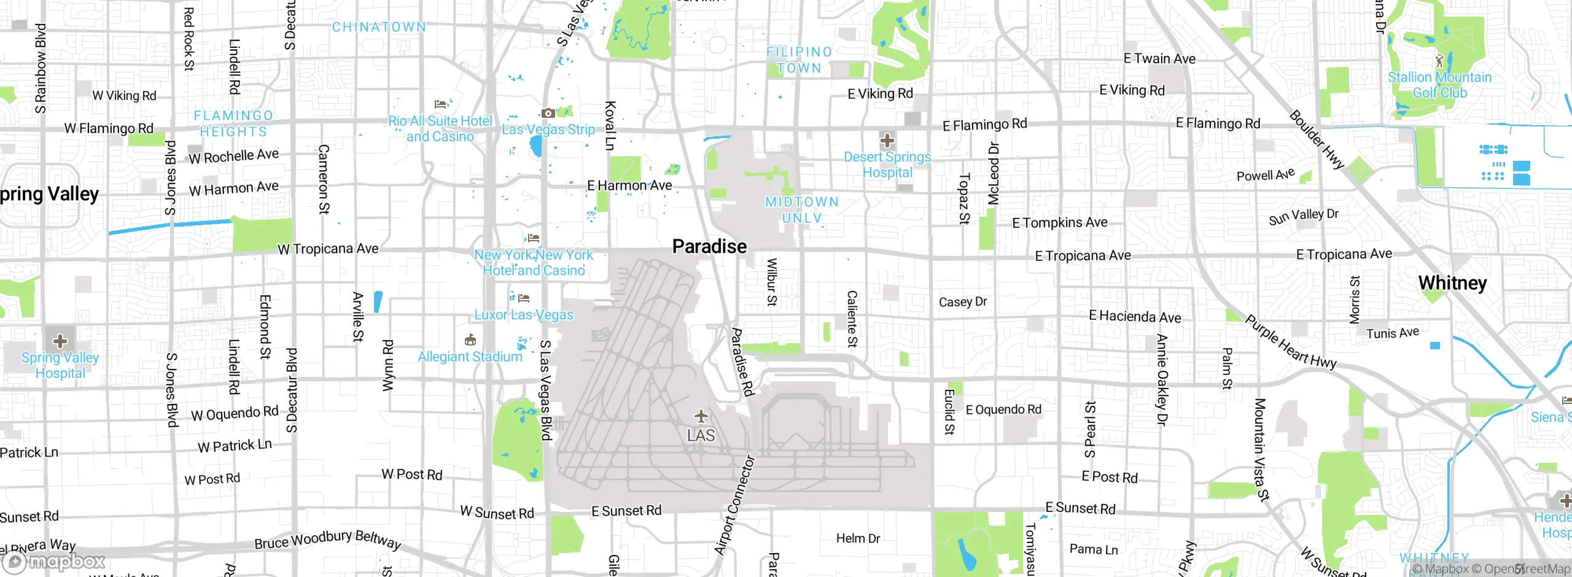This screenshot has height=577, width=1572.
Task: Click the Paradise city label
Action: pos(709,246)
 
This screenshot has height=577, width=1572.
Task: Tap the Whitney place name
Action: pos(1452,283)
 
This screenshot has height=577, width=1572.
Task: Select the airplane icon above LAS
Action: pos(701,417)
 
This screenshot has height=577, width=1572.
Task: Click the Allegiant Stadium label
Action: pos(470,357)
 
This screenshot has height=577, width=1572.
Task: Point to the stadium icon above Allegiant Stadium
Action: pos(470,339)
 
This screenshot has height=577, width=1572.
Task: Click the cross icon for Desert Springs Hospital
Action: pos(887,141)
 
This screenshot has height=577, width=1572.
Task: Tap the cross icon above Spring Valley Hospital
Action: pos(60,341)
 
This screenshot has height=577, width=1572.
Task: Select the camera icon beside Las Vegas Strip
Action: pos(548,113)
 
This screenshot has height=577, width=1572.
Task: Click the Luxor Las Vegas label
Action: pos(524,315)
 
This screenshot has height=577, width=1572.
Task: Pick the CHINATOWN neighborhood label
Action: pos(379,27)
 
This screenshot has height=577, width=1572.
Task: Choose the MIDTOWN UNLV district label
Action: pos(801,210)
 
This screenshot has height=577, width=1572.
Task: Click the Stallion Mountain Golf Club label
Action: pos(1439,85)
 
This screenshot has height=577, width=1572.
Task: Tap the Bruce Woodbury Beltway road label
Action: pos(328,540)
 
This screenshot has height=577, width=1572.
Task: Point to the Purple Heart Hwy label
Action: pos(1291,342)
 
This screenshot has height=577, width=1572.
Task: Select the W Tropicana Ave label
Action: pos(328,249)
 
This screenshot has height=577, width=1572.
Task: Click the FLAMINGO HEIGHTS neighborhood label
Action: pos(233,123)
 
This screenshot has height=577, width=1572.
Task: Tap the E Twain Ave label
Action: pos(1159,59)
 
